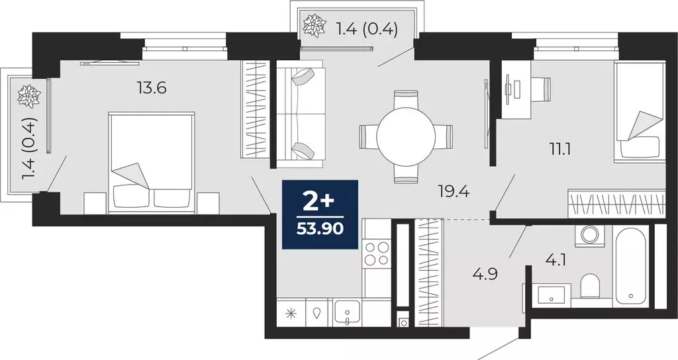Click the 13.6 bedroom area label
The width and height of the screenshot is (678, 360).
(152, 88)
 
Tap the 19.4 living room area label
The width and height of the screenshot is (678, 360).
(454, 191)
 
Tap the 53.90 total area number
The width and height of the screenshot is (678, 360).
(320, 228)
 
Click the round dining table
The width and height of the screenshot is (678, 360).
(406, 136)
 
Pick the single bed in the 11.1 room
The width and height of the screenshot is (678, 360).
(640, 112)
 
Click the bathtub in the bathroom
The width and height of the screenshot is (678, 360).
(630, 265)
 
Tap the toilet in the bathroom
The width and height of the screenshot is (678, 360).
(590, 287)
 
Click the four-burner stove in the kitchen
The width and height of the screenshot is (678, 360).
(376, 253)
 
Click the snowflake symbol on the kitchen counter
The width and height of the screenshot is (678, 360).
(291, 313)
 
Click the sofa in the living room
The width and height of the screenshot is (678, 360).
(300, 113)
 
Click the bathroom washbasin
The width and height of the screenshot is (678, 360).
(552, 296)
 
